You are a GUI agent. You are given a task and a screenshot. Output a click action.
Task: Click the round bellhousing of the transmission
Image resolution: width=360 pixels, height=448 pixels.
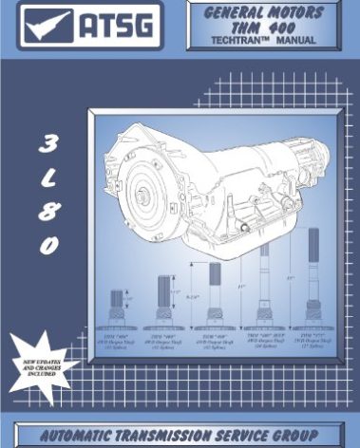(133, 195)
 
